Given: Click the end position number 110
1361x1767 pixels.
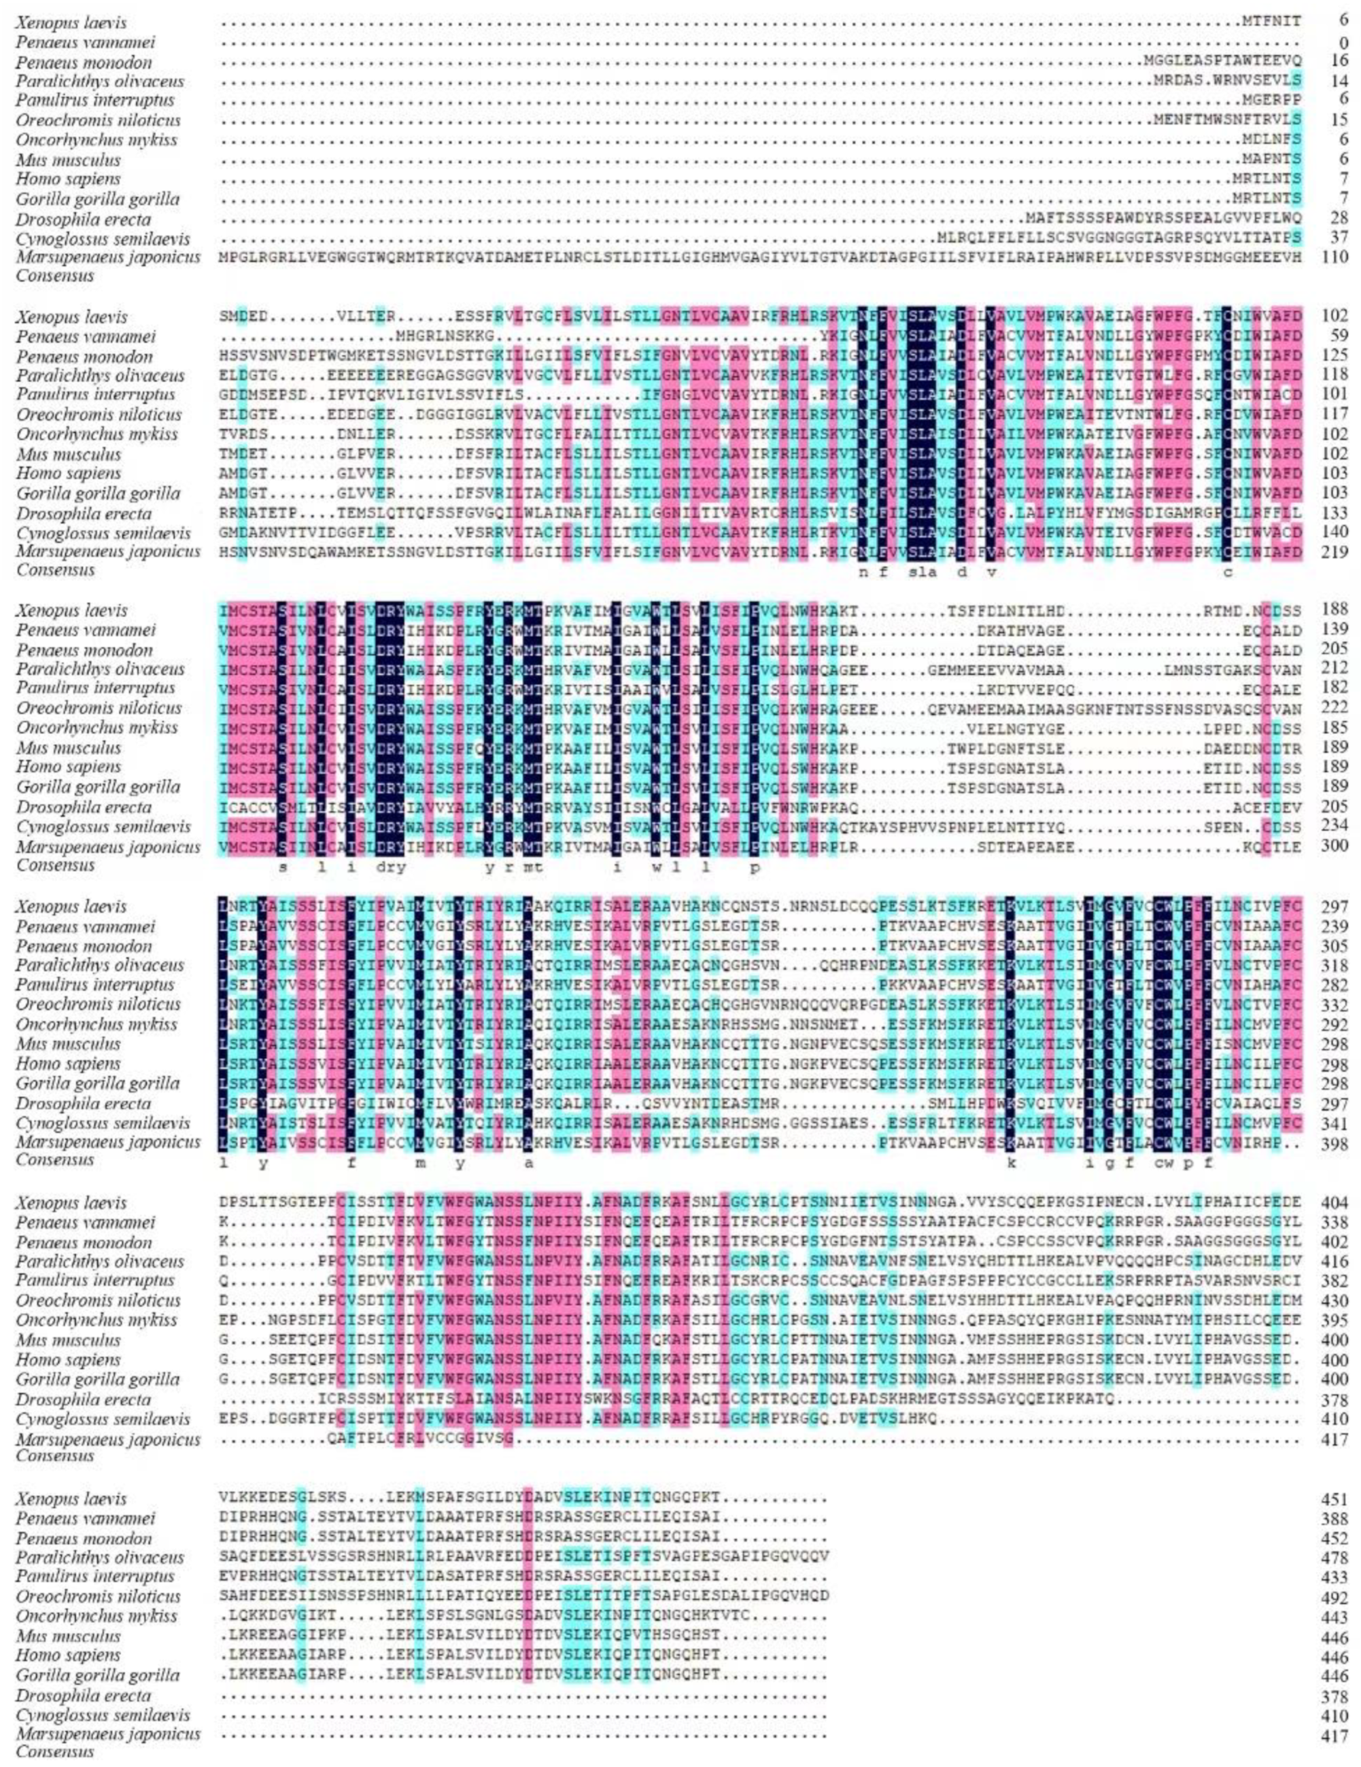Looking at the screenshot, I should coord(1337,258).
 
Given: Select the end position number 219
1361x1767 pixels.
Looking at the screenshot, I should coord(1337,552).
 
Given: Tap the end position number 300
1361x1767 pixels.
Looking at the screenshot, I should coord(1337,846).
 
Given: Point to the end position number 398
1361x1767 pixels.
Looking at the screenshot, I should coord(1337,1143).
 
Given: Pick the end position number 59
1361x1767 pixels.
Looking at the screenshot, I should coord(1341,336).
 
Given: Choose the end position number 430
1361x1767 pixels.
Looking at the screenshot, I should coord(1337,1300).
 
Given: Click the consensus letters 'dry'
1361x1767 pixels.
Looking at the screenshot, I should coord(391,865).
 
